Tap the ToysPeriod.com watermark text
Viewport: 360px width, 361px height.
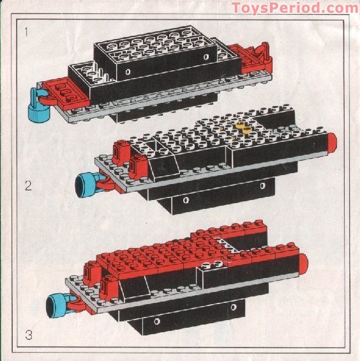(x=294, y=8)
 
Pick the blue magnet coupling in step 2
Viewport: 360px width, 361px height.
(x=85, y=185)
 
